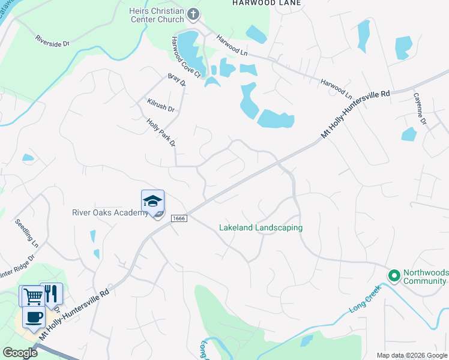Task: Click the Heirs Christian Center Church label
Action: tap(157, 15)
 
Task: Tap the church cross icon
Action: tap(193, 14)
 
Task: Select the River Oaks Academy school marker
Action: tap(152, 202)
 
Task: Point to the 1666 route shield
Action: tap(179, 218)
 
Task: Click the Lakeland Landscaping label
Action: tap(261, 228)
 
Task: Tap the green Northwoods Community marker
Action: tap(394, 276)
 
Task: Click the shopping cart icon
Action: tap(33, 295)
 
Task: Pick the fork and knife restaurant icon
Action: tap(51, 293)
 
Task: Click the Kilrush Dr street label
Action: tap(160, 106)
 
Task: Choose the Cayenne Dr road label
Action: tap(418, 109)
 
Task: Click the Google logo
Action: tap(20, 353)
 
